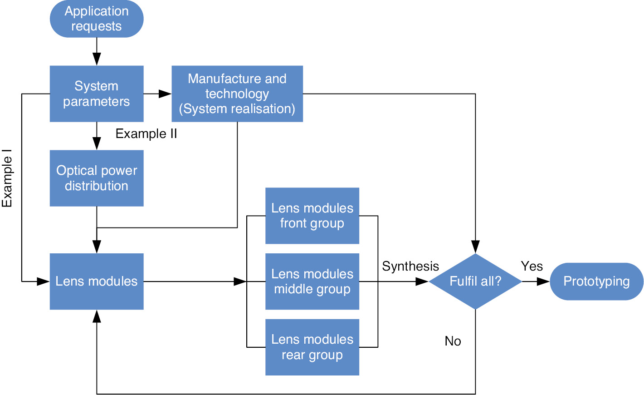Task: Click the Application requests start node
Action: [97, 19]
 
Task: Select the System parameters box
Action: [97, 94]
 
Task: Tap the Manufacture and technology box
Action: [237, 94]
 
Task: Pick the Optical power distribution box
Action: [97, 178]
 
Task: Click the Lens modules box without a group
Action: [97, 281]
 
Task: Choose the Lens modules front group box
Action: [312, 216]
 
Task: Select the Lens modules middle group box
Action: [312, 281]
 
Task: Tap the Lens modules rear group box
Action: [312, 347]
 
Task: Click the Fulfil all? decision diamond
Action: [475, 281]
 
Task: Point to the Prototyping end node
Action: [596, 281]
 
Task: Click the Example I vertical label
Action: [7, 178]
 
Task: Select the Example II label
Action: [146, 133]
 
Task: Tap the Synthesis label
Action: [410, 266]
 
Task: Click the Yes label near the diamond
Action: [532, 266]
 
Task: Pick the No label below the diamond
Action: [453, 341]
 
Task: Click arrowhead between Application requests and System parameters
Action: [97, 59]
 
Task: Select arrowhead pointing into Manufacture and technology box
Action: [165, 94]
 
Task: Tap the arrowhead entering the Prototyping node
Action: [543, 281]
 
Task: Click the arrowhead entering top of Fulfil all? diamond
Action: [475, 247]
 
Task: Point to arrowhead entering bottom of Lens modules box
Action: [97, 316]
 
